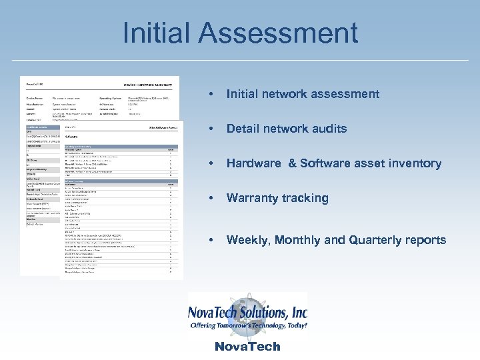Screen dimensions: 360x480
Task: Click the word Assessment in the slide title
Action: [x=283, y=34]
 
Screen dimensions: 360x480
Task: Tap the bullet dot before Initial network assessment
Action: [x=211, y=94]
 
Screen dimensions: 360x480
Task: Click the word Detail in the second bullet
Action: [x=241, y=129]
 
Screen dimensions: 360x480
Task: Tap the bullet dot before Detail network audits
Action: [x=211, y=129]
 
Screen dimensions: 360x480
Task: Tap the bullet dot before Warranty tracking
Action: [x=211, y=198]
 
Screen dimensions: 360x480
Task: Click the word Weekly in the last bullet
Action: [x=247, y=240]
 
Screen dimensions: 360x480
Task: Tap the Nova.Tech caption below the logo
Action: [x=247, y=347]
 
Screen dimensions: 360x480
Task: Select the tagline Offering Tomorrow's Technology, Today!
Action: [x=248, y=326]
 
